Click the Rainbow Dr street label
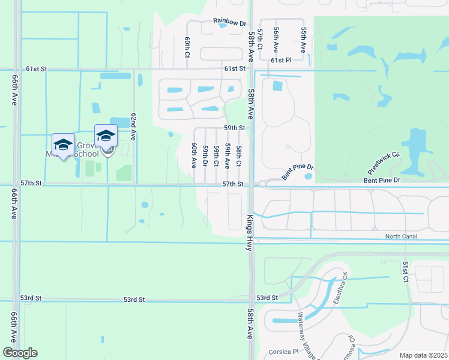pos(230,22)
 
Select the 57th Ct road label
pos(260,38)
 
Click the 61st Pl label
pos(281,61)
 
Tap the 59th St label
pos(235,128)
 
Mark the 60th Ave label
pos(194,155)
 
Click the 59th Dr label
pos(205,156)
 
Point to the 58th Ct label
pos(238,156)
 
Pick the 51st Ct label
pos(406,271)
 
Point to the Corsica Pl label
pos(286,352)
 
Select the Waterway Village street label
pos(307,336)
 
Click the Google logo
pos(20,353)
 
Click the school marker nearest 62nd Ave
pos(106,135)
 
